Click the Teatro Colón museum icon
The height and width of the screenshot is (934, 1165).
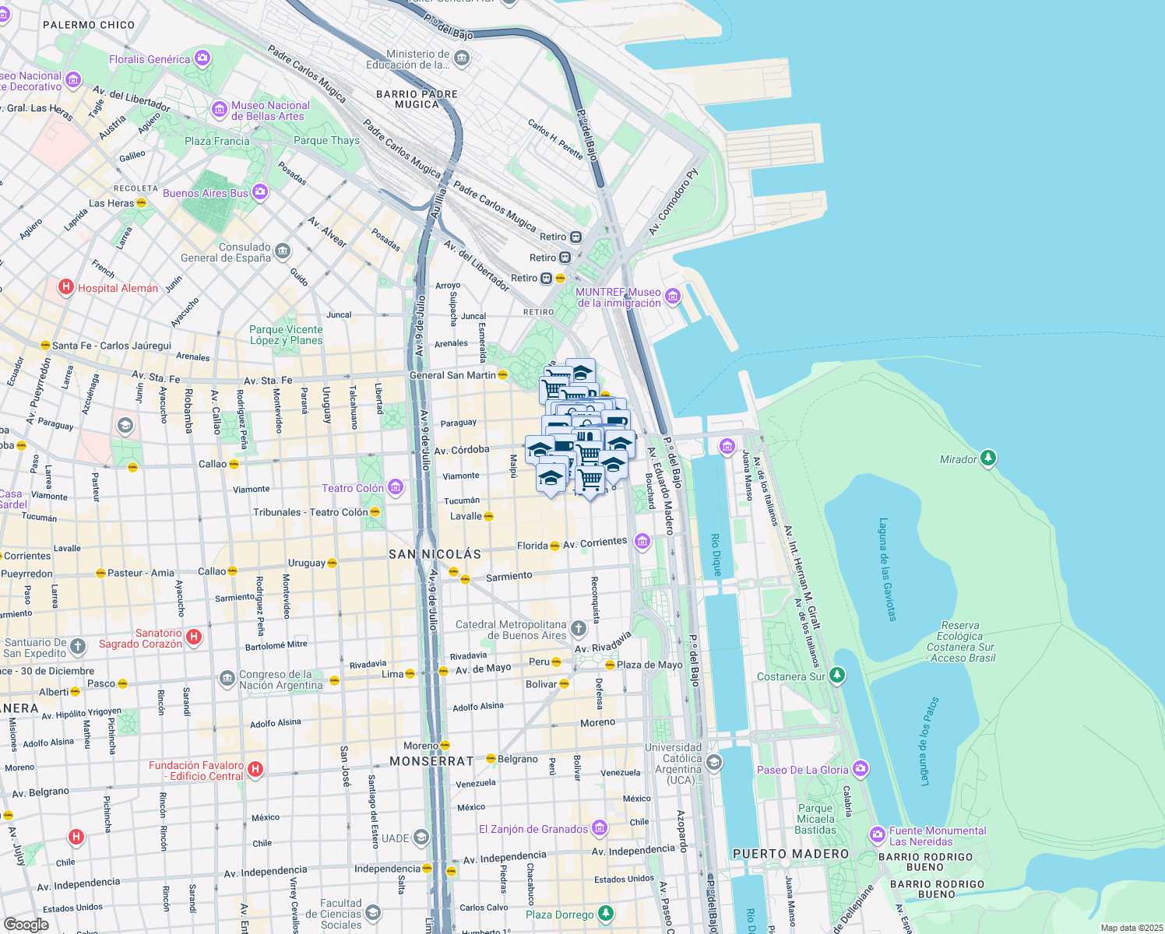(396, 488)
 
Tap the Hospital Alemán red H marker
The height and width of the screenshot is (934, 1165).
(67, 288)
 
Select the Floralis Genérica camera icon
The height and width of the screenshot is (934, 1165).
(202, 58)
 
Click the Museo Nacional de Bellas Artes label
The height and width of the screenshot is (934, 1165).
(270, 111)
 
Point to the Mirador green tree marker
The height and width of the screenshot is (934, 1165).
(988, 458)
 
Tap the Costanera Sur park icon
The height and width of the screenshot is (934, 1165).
(837, 676)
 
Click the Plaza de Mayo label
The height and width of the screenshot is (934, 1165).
(649, 665)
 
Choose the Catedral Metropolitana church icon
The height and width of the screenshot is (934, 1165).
(578, 629)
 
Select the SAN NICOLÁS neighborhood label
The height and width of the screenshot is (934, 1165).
(435, 554)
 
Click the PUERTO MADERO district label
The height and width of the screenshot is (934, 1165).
(790, 854)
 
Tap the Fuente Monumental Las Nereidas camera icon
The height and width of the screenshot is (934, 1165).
(878, 835)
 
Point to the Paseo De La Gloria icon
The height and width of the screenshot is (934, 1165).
(860, 769)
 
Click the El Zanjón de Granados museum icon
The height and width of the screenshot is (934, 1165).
(599, 828)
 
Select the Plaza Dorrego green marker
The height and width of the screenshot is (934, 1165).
(605, 914)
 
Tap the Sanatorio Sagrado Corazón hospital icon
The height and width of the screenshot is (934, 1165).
(194, 637)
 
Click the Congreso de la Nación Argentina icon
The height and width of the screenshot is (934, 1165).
(227, 679)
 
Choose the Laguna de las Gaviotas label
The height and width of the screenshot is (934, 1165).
(887, 569)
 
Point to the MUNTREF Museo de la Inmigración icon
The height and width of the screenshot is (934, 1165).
(673, 297)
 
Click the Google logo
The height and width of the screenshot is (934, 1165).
(26, 924)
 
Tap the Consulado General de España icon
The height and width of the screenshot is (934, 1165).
(283, 251)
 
